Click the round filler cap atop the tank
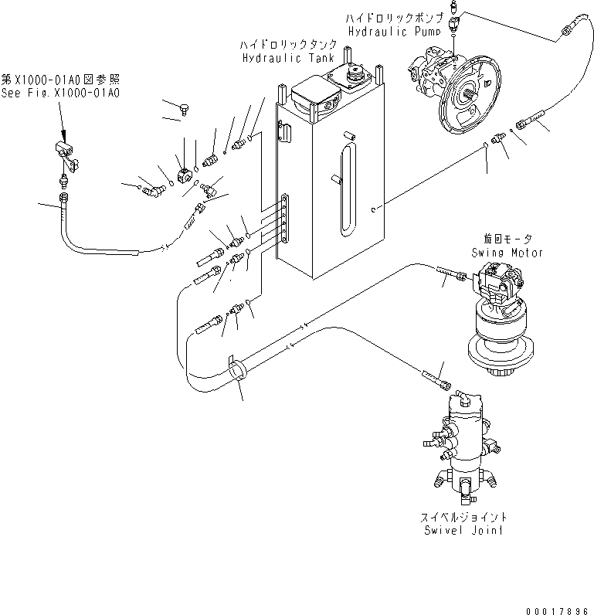(x=356, y=75)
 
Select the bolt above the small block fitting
(x=185, y=110)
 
